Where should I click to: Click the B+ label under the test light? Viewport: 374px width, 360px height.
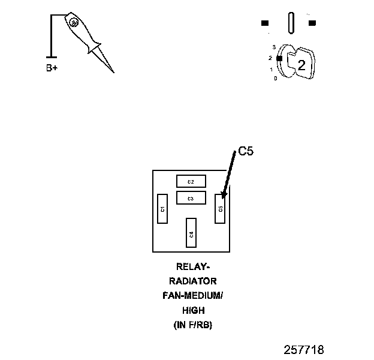coord(52,68)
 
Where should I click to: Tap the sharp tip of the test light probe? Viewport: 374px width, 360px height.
coord(113,72)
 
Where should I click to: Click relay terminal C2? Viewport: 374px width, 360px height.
coord(191,181)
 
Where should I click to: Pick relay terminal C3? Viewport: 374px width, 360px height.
coord(191,198)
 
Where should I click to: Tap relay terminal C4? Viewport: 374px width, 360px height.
coord(191,233)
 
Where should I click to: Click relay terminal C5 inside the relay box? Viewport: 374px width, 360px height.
coord(220,208)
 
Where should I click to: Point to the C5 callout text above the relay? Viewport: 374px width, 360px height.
coord(246,152)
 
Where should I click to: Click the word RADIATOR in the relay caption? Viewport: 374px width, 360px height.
coord(193,281)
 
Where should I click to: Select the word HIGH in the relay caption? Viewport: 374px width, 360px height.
coord(193,310)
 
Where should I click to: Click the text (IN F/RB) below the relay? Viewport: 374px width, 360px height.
coord(193,325)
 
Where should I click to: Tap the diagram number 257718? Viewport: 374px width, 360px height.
coord(303,349)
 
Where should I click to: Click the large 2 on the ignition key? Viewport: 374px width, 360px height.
coord(301,66)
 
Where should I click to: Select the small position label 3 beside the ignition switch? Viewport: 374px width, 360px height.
coord(273,47)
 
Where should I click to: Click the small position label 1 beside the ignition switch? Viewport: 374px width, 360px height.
coord(272,70)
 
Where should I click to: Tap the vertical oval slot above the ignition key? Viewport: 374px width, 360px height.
coord(291,24)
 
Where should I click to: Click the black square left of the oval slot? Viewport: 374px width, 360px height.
coord(265,23)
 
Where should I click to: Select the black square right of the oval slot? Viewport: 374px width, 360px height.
coord(312,23)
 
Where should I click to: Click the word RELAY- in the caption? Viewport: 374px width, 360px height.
coord(193,266)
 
